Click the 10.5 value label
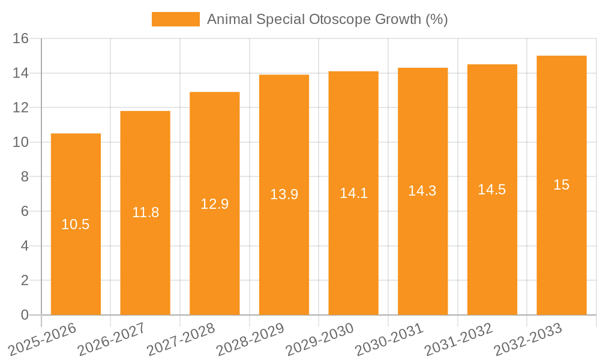click(76, 224)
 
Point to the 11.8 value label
click(145, 212)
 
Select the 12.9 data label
click(214, 204)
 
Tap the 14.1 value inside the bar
click(353, 193)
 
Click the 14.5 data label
click(492, 190)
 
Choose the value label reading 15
click(561, 185)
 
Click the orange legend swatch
click(175, 19)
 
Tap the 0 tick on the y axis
click(25, 315)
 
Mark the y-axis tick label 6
click(25, 211)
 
